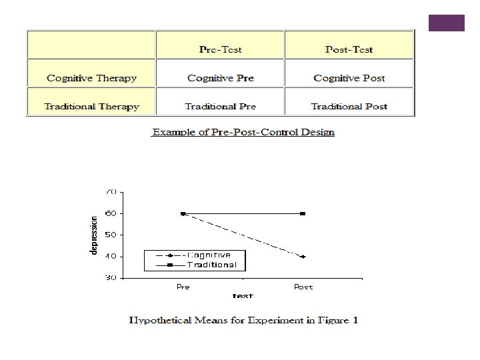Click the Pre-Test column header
[221, 49]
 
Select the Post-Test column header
[349, 49]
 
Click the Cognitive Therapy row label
[91, 78]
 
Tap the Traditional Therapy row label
[91, 106]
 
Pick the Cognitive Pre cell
[221, 78]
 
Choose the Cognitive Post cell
[349, 78]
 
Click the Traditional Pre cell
[220, 106]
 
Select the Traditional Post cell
[349, 106]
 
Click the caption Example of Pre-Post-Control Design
[243, 132]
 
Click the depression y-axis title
[94, 234]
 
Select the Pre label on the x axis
[183, 287]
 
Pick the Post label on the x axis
[303, 287]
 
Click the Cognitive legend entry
[209, 255]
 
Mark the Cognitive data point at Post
[303, 257]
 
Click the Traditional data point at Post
[303, 213]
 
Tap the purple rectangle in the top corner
[446, 22]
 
